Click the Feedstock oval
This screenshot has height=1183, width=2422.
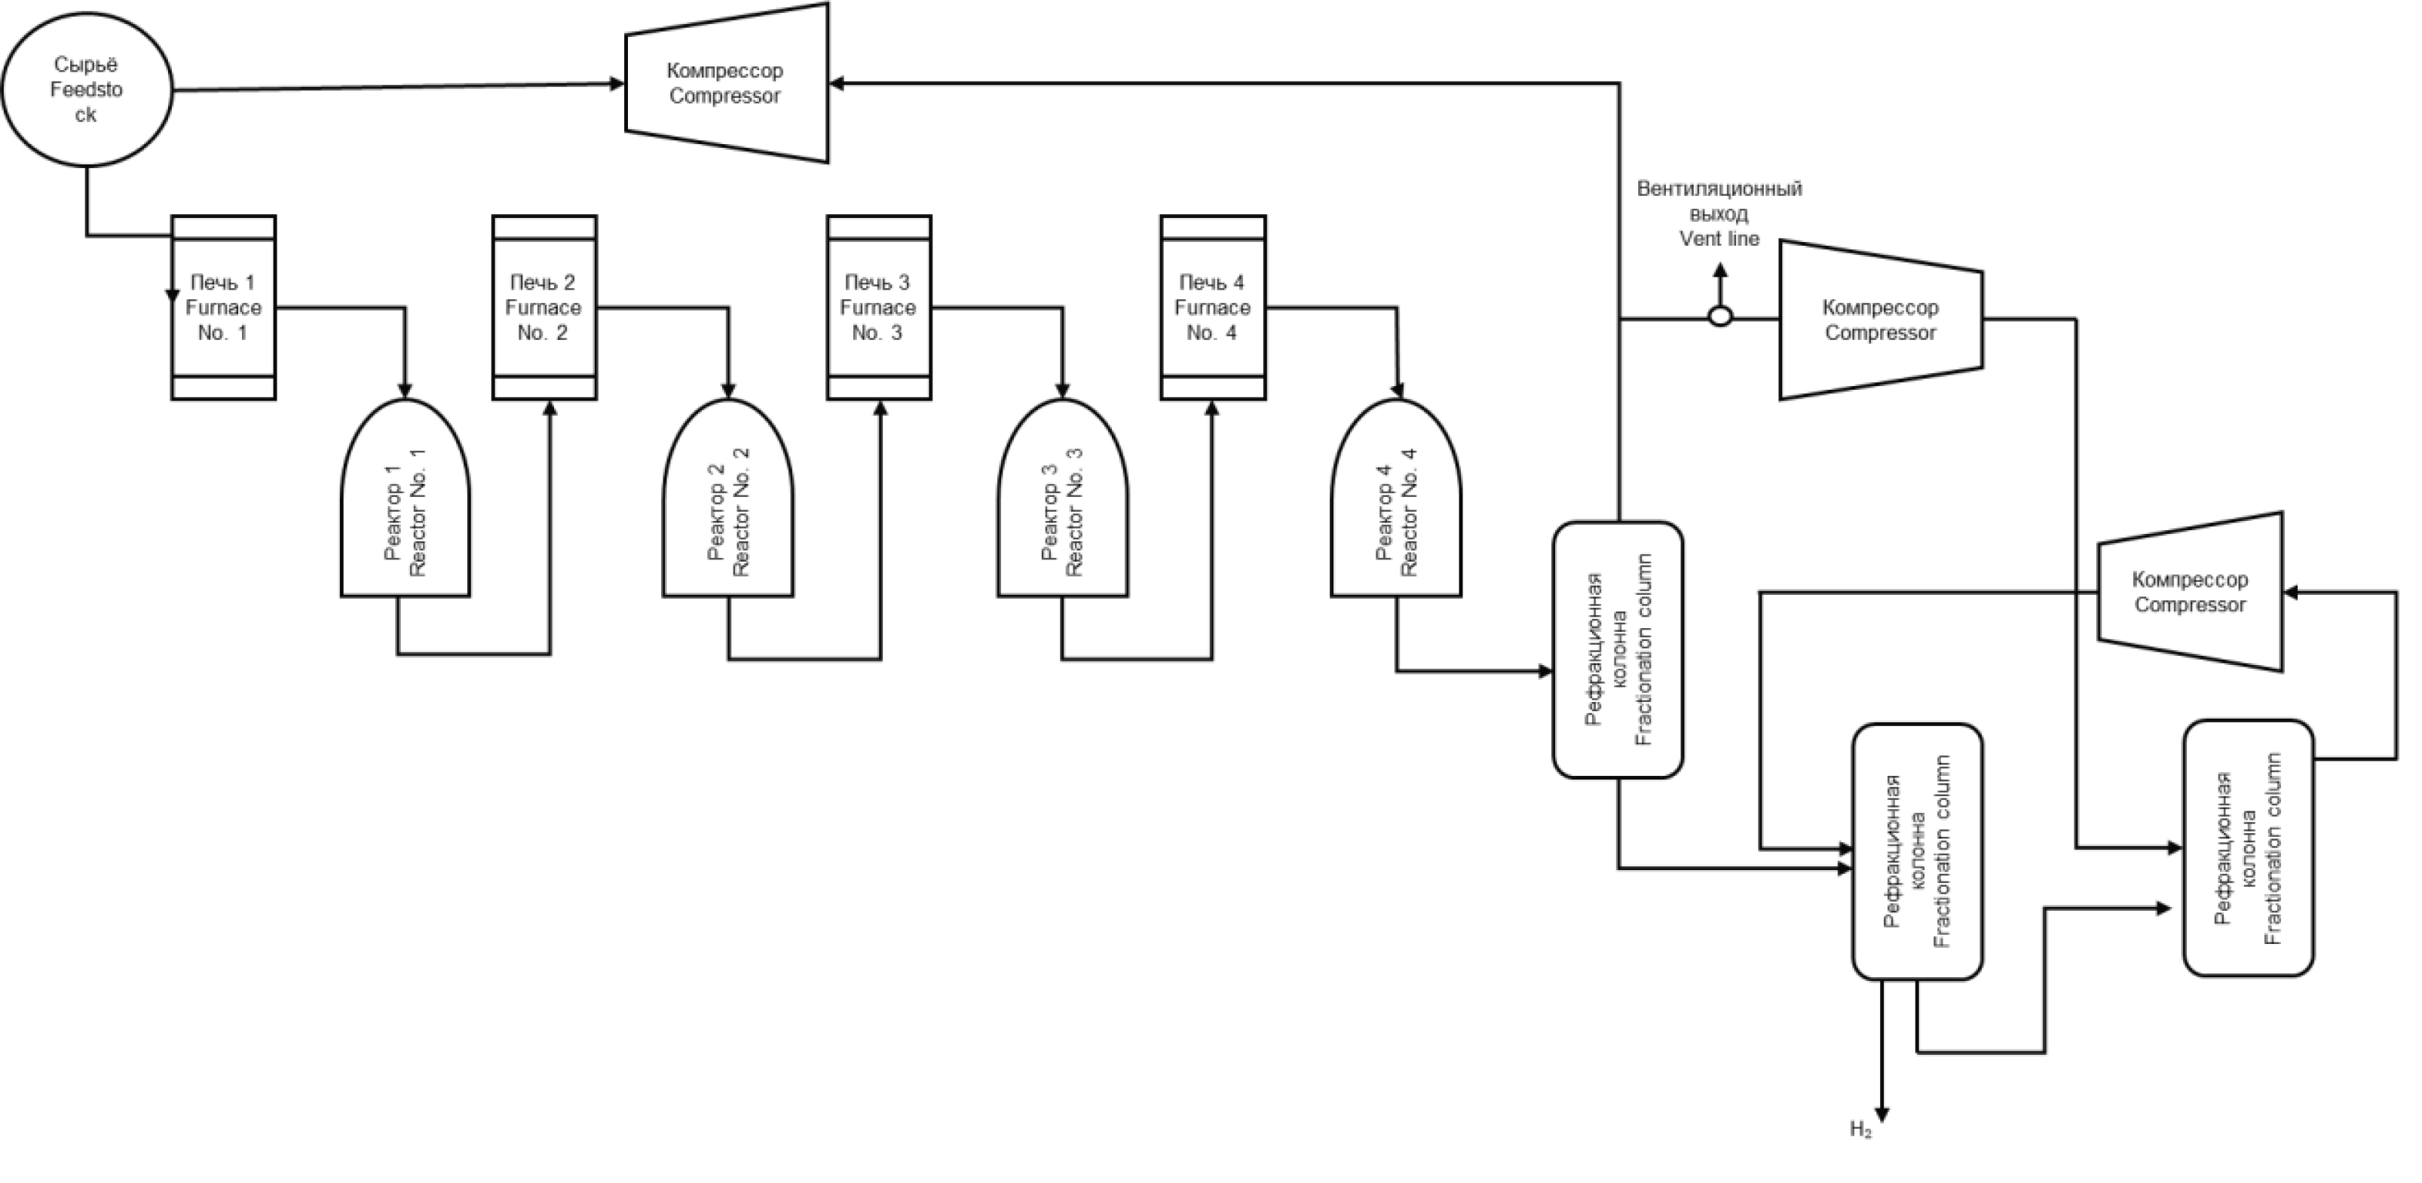click(x=87, y=89)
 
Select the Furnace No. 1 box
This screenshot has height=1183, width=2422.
click(x=223, y=308)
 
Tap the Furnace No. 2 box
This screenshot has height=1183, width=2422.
click(x=544, y=308)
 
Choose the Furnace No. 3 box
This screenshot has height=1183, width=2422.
click(x=878, y=308)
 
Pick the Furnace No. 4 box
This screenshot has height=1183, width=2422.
click(x=1212, y=308)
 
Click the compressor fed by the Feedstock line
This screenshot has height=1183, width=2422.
click(x=726, y=84)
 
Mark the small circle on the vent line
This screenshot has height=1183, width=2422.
click(x=1719, y=318)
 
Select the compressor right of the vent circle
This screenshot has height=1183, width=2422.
click(x=1881, y=320)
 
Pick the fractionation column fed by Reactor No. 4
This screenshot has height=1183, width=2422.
click(x=1617, y=650)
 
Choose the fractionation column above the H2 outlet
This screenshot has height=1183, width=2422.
click(x=1917, y=851)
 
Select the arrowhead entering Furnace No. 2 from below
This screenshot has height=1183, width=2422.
click(x=550, y=408)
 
